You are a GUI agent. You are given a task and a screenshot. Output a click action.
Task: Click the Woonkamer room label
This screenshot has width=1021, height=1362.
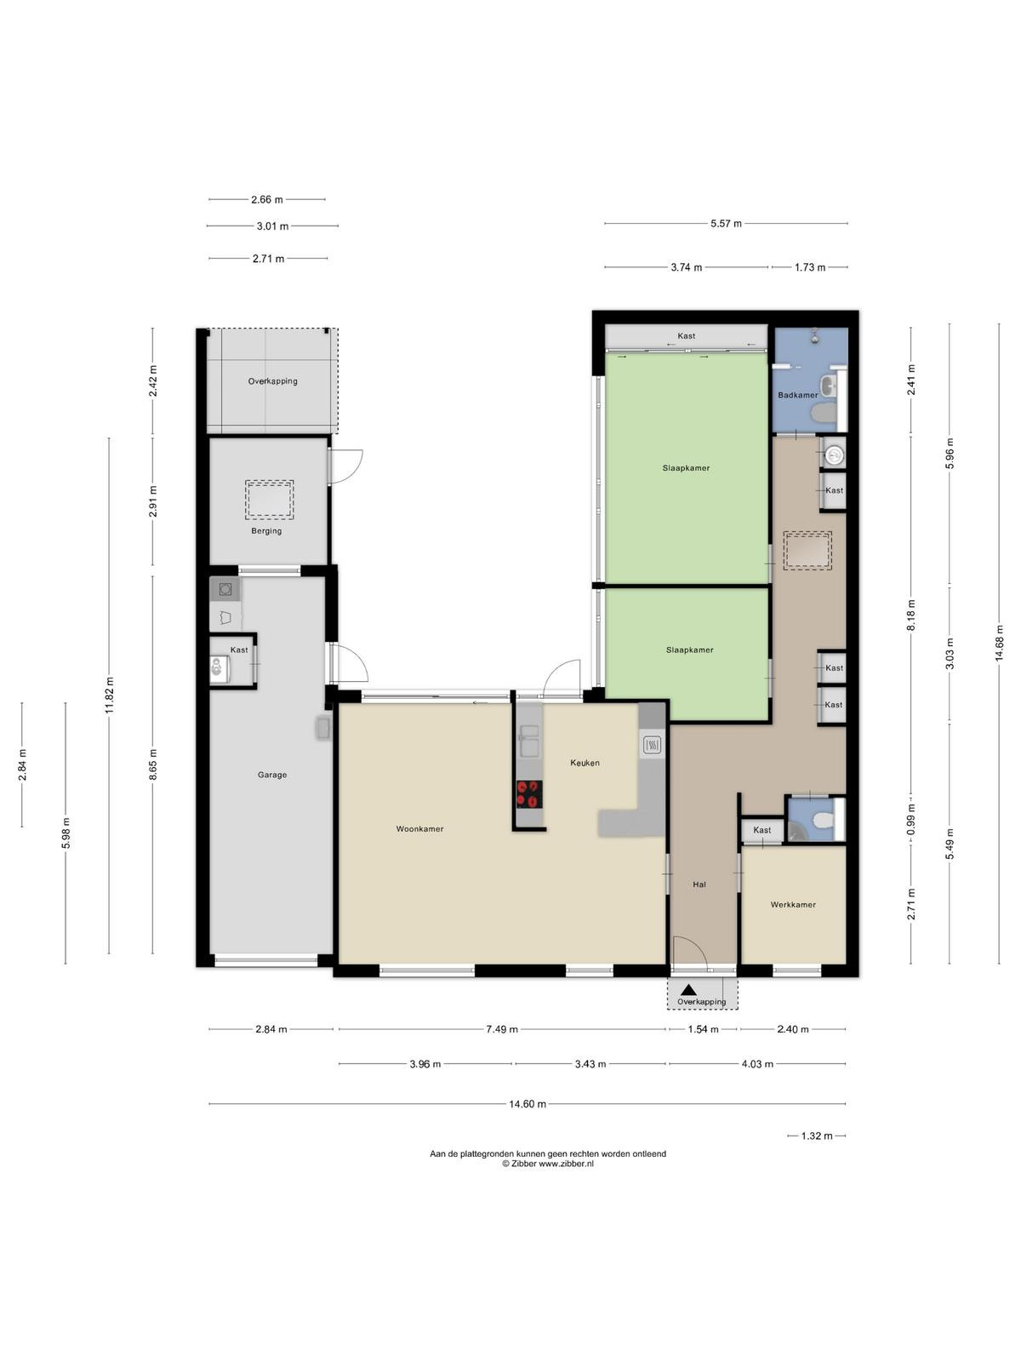[419, 828]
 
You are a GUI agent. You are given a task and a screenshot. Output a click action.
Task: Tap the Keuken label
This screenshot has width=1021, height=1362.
[585, 763]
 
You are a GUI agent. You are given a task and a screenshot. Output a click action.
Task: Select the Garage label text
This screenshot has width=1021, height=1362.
[272, 775]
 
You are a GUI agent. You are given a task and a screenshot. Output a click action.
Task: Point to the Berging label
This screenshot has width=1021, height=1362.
[266, 530]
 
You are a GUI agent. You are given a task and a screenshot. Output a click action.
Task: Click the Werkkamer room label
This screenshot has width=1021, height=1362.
[793, 904]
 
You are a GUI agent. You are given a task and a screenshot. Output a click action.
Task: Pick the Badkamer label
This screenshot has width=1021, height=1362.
[798, 395]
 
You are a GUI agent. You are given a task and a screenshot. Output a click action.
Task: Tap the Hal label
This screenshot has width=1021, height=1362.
[699, 884]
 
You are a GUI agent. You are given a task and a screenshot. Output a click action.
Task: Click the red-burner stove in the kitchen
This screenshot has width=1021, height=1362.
[529, 794]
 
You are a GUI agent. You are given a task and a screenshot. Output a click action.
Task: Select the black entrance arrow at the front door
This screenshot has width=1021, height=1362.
[688, 990]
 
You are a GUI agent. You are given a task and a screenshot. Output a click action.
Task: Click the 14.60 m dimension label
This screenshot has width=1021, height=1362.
[528, 1104]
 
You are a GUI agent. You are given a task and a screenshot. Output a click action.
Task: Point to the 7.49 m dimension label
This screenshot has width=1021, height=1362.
[501, 1029]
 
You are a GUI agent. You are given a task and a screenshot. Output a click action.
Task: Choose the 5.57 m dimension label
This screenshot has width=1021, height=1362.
[726, 223]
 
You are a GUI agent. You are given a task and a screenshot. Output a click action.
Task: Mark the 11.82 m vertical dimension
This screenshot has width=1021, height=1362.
[109, 695]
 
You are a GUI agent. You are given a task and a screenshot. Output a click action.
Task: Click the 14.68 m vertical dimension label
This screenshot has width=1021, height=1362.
[999, 643]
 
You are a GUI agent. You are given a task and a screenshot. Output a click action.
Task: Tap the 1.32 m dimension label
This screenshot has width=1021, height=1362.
[817, 1136]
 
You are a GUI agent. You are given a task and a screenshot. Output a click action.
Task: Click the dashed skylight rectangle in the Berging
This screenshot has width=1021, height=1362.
[269, 501]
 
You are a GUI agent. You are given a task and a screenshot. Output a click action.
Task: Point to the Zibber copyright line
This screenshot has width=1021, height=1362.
[547, 1164]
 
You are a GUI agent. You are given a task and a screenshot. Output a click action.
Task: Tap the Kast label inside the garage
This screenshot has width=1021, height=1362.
[239, 650]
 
